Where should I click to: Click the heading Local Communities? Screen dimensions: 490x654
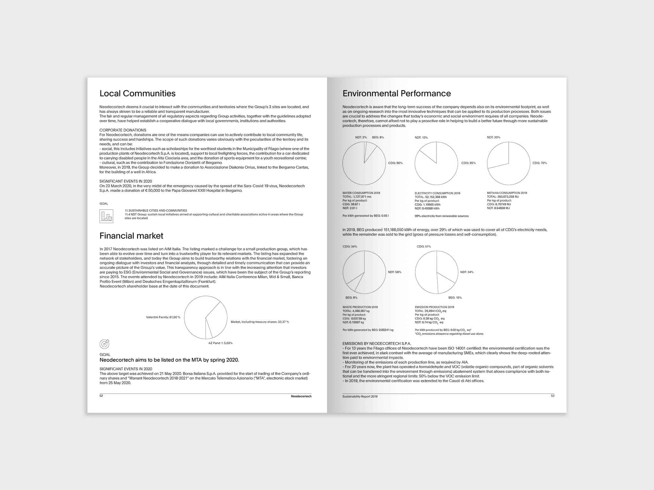point(137,93)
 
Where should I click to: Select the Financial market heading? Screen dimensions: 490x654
point(131,236)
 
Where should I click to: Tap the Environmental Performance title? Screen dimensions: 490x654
point(397,93)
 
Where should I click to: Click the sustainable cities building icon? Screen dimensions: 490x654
point(106,216)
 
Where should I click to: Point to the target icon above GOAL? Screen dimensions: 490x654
point(104,344)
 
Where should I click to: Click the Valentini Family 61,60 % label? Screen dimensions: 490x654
point(163,317)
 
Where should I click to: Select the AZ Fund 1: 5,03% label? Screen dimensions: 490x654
point(220,343)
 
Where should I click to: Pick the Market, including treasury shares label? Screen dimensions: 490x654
point(260,322)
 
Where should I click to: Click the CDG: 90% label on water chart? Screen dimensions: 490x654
point(395,163)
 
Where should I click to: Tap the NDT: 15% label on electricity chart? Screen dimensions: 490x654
point(421,137)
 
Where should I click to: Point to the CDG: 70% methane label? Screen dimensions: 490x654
point(540,163)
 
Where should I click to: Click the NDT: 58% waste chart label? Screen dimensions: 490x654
point(395,272)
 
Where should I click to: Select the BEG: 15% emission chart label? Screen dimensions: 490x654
point(455,298)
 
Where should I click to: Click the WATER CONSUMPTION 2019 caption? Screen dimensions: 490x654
point(361,193)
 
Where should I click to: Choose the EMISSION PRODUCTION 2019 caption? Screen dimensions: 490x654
point(434,307)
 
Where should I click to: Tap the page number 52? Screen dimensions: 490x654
point(101,396)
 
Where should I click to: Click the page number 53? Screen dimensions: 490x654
point(553,396)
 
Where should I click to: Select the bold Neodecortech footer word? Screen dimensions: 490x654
point(301,396)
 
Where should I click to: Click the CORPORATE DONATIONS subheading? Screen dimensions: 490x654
point(123,130)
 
